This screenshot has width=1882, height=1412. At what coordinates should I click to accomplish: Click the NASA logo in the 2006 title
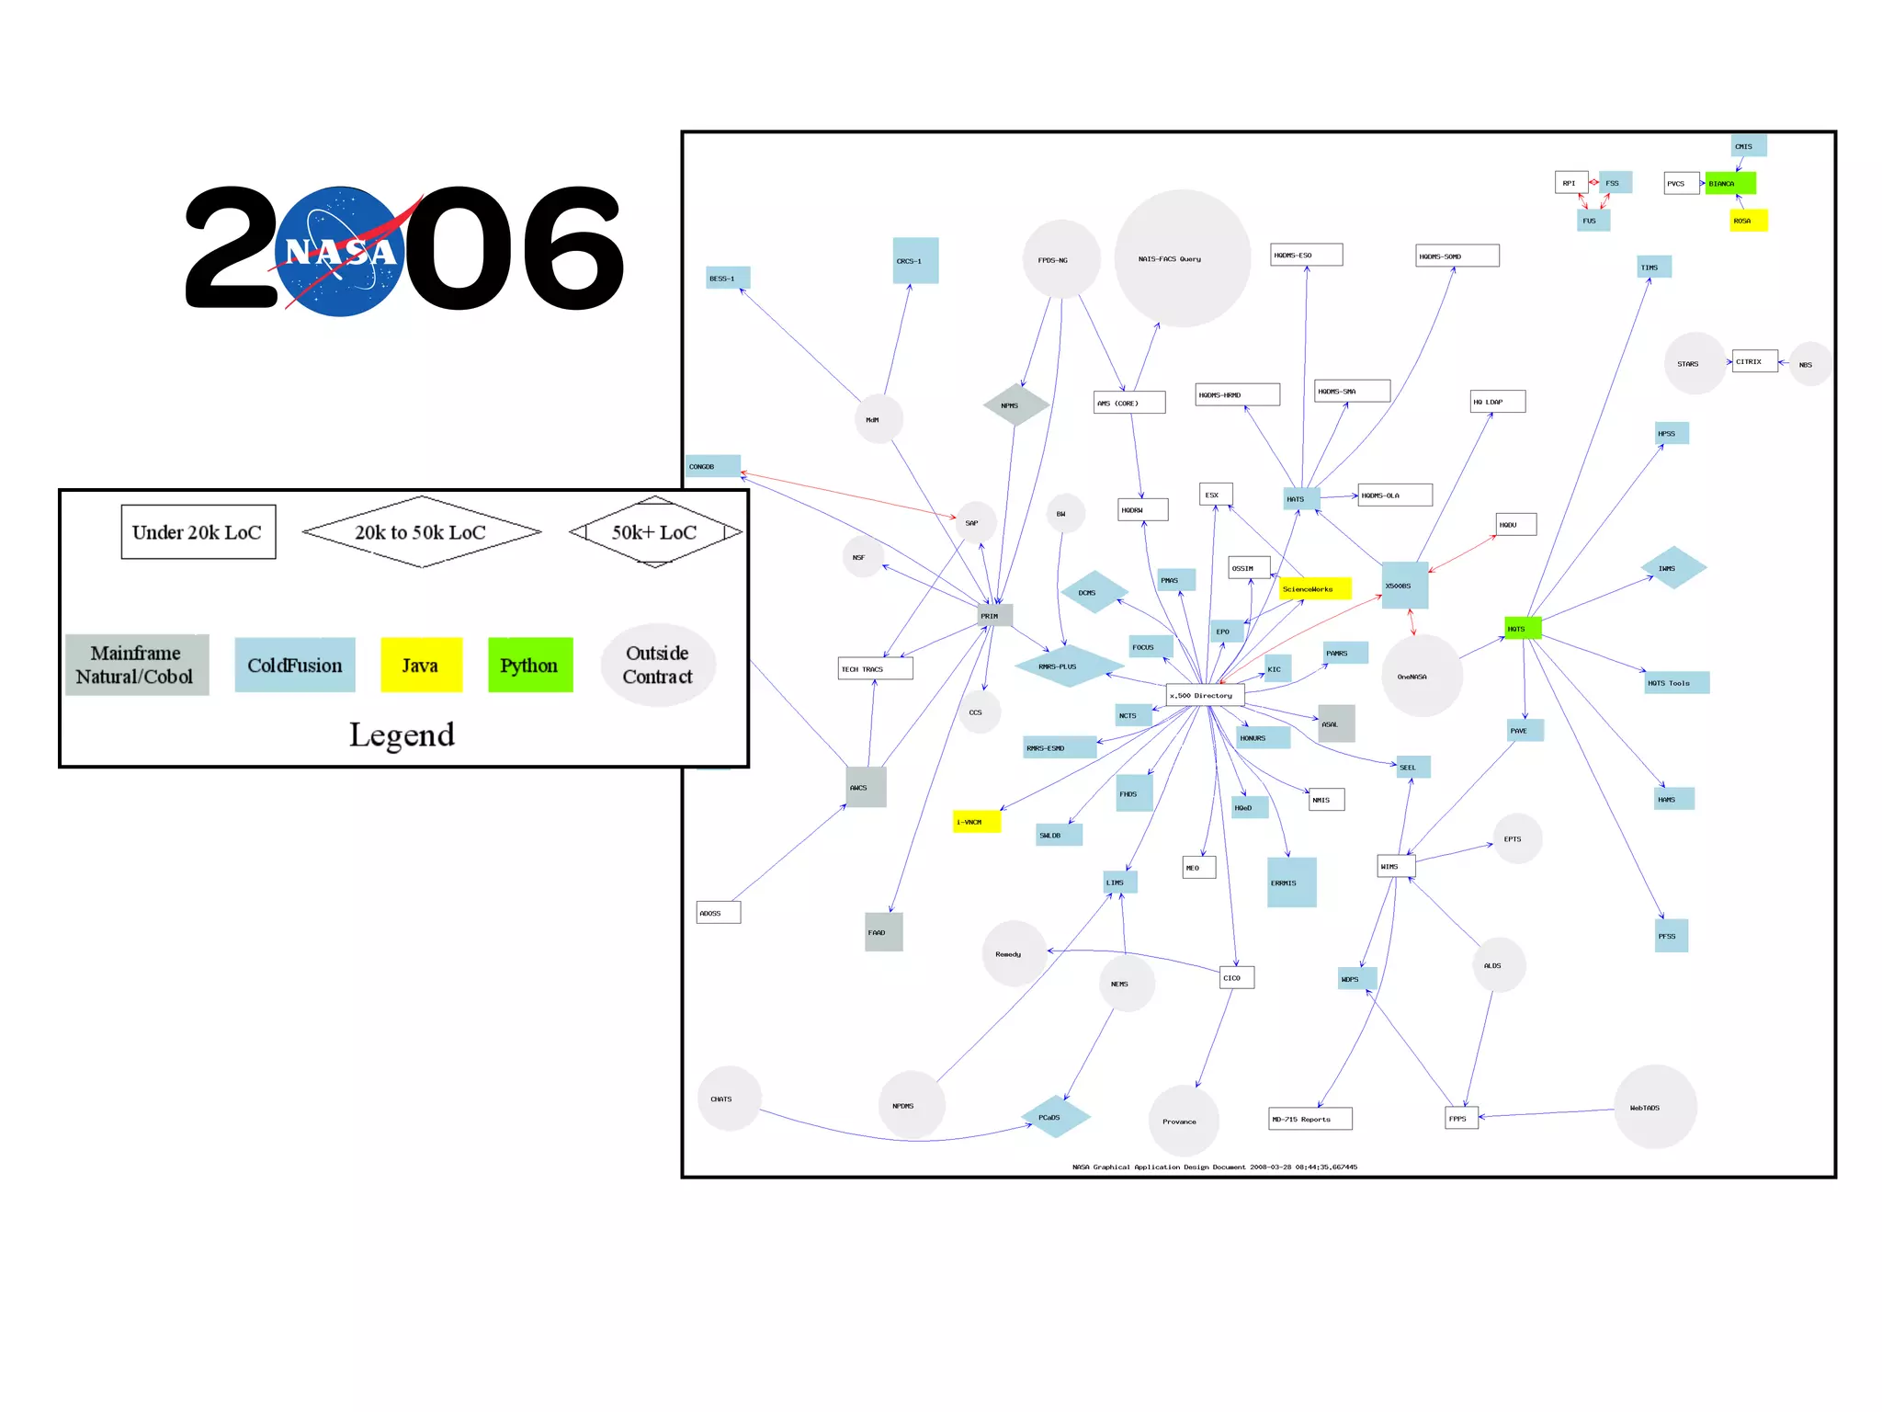click(340, 251)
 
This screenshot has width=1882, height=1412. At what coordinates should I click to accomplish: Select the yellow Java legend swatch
click(421, 665)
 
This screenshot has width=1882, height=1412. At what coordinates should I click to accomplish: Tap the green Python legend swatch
click(530, 665)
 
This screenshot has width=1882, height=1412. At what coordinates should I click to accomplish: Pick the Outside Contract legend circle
click(658, 665)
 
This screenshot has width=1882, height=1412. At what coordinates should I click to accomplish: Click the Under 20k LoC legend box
click(198, 532)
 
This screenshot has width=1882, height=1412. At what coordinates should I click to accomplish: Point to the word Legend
click(402, 734)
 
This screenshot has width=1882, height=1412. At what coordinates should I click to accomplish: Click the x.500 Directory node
click(1205, 695)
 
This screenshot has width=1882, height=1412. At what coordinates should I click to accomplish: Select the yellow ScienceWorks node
click(1315, 588)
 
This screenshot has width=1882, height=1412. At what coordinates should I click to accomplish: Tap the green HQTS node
click(1522, 629)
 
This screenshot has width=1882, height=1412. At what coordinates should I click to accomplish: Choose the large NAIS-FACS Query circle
click(1182, 258)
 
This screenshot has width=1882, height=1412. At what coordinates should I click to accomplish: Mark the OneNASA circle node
click(1421, 677)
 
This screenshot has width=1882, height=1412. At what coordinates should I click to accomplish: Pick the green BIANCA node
click(1729, 183)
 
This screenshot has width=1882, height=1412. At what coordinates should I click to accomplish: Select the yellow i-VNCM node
click(976, 822)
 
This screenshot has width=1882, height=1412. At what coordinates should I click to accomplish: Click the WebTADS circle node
click(1655, 1107)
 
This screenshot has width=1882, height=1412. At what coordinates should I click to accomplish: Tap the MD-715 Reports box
click(1309, 1119)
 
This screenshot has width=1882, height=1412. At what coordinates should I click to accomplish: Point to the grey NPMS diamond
click(1015, 405)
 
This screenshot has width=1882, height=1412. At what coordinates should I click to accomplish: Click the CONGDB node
click(712, 466)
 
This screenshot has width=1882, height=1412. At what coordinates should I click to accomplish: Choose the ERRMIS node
click(1291, 882)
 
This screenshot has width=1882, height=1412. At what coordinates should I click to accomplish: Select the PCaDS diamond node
click(1055, 1117)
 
